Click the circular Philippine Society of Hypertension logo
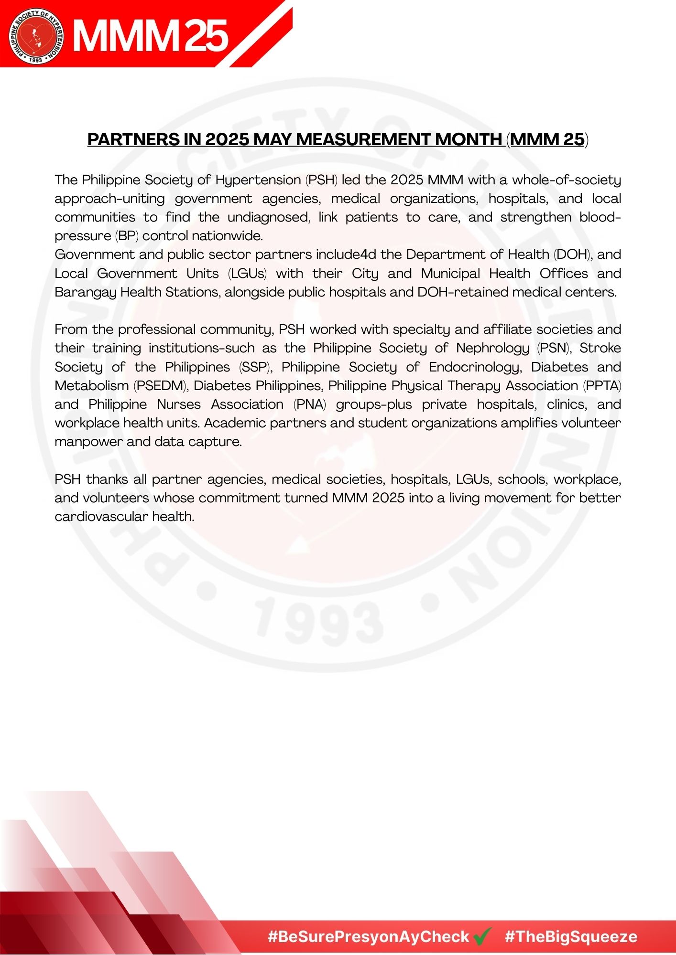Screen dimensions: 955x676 pos(36,35)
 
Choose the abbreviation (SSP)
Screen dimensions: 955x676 pos(255,367)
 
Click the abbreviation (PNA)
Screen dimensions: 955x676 pos(310,404)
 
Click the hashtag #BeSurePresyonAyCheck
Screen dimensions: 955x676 pos(368,936)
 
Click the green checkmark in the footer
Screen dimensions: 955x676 pos(483,936)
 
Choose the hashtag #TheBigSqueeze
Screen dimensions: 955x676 pos(571,936)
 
